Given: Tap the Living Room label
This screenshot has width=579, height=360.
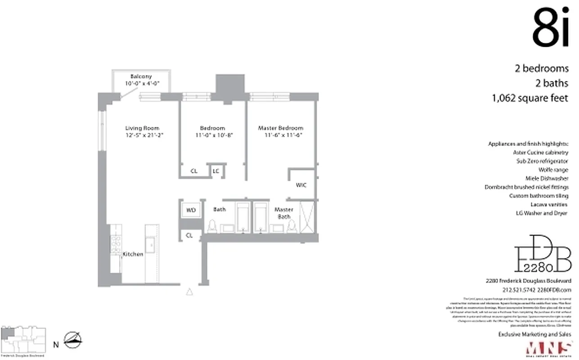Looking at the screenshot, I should (142, 128).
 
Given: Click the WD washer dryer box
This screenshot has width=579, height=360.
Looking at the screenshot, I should (191, 210).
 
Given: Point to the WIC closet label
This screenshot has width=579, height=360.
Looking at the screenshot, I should (301, 185).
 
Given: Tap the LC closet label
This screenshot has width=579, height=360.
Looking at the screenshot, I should (216, 171).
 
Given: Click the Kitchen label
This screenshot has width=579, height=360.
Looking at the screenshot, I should (133, 254).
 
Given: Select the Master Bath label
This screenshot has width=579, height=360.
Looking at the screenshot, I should (283, 213).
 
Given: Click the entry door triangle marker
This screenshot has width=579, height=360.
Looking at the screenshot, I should (189, 292).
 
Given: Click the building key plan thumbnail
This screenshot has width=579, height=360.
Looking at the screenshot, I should (24, 339).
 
